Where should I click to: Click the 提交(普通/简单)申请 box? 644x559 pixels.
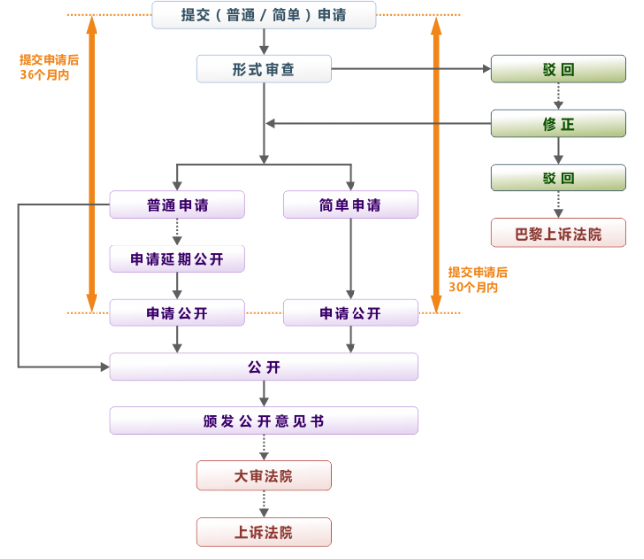point(264,15)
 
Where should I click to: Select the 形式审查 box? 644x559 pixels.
point(264,69)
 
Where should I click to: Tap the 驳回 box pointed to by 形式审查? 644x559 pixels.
point(558,69)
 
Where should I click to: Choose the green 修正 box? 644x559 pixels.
point(558,123)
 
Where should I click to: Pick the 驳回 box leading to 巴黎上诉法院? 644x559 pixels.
point(558,178)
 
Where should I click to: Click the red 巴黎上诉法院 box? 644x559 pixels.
point(558,233)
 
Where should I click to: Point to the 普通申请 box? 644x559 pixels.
point(177,205)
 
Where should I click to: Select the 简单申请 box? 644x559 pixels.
point(350,205)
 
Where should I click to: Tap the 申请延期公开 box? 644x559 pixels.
point(177,259)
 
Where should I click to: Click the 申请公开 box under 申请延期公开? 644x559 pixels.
point(177,314)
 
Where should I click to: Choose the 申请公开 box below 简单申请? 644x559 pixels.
point(350,314)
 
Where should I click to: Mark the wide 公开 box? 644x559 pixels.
point(264,367)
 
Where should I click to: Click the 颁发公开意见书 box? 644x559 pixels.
point(264,421)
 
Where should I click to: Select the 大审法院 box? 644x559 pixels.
point(264,476)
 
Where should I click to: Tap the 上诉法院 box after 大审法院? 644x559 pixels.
point(264,532)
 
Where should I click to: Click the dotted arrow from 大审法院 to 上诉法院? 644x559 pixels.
point(264,504)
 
